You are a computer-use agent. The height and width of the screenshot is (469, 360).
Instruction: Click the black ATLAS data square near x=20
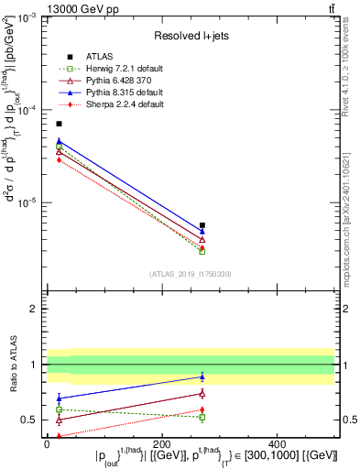point(59,124)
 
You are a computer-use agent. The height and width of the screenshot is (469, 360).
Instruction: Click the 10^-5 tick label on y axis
point(27,202)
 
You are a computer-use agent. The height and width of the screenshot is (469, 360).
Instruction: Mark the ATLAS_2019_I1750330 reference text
point(191,273)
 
